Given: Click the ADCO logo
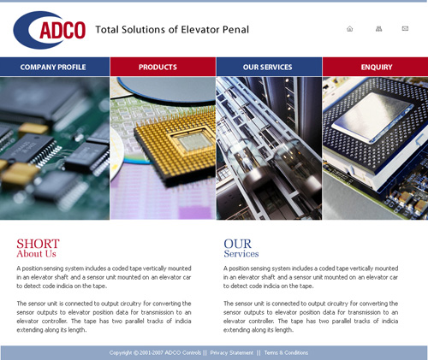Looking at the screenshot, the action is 50,30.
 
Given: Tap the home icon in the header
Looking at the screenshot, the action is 349,29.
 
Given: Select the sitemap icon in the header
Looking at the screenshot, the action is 378,29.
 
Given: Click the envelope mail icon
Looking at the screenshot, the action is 405,28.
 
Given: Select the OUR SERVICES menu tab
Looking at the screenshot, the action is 269,67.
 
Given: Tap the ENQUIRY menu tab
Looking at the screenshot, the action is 376,67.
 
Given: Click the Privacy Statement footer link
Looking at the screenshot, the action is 231,353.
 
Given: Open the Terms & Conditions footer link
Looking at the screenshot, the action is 286,353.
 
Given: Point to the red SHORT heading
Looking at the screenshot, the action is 38,244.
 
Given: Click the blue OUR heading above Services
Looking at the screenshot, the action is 238,244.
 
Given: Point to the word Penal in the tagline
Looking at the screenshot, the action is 235,30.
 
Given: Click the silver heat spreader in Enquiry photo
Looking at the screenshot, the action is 372,116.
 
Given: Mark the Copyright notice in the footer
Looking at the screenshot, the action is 155,353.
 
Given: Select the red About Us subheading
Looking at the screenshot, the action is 36,254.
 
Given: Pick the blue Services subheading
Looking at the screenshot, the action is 241,254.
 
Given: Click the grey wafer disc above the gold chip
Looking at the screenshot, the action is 167,88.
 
